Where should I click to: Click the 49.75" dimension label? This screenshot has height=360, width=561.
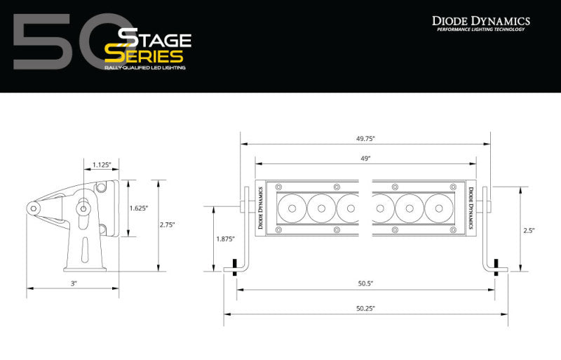point(366,138)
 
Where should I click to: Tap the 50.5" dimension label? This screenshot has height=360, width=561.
point(365,283)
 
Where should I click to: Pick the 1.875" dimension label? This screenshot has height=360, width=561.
point(224,239)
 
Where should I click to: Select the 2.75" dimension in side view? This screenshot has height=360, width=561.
point(167,225)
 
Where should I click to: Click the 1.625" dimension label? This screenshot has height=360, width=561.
point(139,208)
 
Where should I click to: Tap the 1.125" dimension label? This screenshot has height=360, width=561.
point(102,166)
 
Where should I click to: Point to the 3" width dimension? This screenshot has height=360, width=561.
point(73,283)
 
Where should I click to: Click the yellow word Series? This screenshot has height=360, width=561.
point(144,55)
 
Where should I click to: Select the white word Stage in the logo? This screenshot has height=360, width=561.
point(149,36)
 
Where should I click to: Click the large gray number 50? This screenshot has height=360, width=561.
point(63,45)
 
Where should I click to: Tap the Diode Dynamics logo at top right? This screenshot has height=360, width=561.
point(480,21)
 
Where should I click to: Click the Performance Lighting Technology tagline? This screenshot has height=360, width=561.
point(480,30)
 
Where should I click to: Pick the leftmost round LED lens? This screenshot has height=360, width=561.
point(292,208)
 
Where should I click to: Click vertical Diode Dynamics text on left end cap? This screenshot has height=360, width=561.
point(260,208)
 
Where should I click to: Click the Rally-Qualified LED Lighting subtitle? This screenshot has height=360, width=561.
point(147,68)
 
